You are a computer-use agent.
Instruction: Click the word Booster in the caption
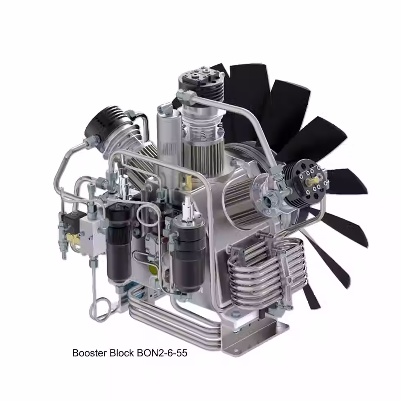[88, 353]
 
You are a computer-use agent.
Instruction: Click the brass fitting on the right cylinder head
[317, 180]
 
